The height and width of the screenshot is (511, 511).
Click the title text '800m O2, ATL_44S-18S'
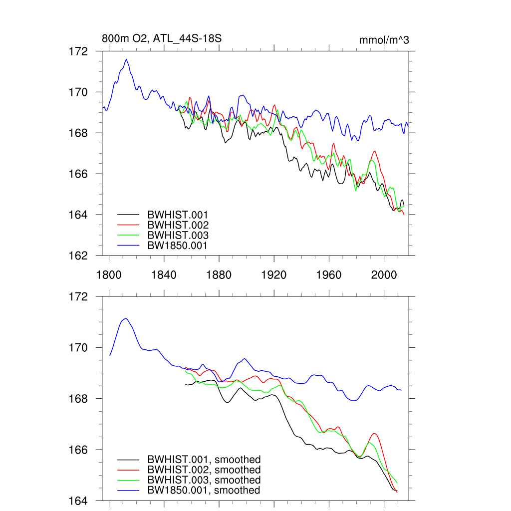pos(161,38)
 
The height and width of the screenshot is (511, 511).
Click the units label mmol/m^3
pos(384,40)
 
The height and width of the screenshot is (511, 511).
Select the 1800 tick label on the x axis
pos(109,274)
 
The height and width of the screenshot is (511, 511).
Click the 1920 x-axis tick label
pos(274,274)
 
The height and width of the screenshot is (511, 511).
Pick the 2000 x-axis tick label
pos(384,274)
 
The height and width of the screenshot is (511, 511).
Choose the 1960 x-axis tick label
pos(329,274)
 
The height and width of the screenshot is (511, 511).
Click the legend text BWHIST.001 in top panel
pos(178,215)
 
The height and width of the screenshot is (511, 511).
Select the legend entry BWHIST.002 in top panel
pos(178,225)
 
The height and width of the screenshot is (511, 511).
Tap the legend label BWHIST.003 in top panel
pos(178,235)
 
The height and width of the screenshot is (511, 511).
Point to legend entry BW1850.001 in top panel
pos(178,246)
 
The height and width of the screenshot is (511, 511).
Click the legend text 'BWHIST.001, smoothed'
pos(204,460)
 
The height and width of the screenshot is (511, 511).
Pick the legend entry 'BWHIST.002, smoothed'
pos(204,470)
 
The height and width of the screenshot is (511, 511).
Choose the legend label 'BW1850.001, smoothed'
pos(204,491)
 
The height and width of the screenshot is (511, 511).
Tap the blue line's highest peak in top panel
pos(126,59)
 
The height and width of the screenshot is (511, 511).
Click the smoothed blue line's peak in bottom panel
pos(126,318)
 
